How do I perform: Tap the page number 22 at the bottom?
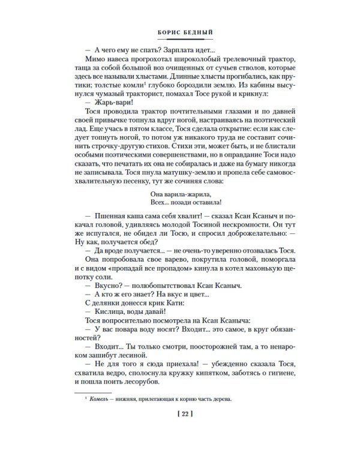coord(180,413)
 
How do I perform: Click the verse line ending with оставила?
coord(179,220)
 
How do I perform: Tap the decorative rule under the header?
coord(179,41)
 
